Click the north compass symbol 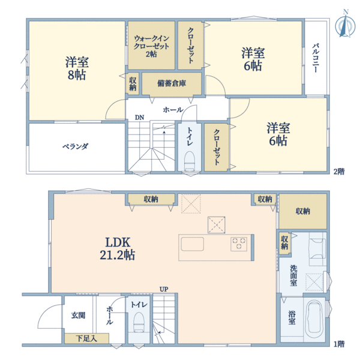click(345, 24)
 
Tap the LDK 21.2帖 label click(118, 248)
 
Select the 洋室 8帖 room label click(77, 68)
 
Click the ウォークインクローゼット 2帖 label click(151, 46)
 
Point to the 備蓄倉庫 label click(172, 83)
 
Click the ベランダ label click(76, 146)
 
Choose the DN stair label click(139, 118)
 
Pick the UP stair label click(164, 289)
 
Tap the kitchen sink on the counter click(193, 244)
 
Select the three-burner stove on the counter click(239, 244)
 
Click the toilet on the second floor click(190, 161)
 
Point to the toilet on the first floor click(139, 322)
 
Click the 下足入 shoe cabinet click(86, 338)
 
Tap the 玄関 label click(78, 315)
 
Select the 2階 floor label click(339, 172)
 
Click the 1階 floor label click(339, 344)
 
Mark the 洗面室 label click(293, 275)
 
